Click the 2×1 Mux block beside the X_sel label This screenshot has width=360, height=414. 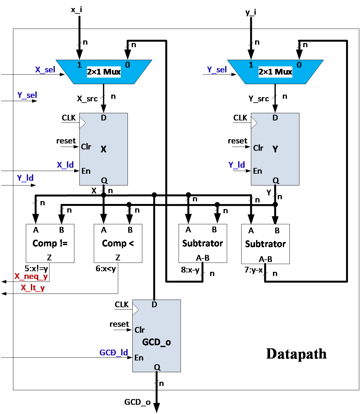pos(104,72)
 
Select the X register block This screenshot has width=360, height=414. pos(104,149)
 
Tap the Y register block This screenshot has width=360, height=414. pos(275,149)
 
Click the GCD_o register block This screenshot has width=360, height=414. pos(157,336)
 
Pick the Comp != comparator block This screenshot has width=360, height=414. pos(50,243)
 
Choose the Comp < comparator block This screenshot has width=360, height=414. pos(118,243)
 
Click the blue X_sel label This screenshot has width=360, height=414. pos(45,70)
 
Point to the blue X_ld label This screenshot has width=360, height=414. pos(65,165)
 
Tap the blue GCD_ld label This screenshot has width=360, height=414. pos(114,352)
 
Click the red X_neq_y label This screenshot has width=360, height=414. pos(31,276)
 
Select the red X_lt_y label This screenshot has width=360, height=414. pos(33,288)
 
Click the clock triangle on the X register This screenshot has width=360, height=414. pos(82,123)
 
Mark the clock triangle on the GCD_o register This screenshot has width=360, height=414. pos(135,309)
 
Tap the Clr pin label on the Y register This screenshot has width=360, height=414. pos(258,148)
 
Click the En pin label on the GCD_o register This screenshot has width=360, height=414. pos(139,358)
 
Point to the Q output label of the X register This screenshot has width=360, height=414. pos(104,180)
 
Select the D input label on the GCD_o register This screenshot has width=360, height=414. pos(154,304)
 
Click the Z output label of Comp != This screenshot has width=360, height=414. pos(49,258)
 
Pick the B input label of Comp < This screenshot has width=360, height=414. pos(130,230)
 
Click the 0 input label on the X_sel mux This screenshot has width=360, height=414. pos(128,65)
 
